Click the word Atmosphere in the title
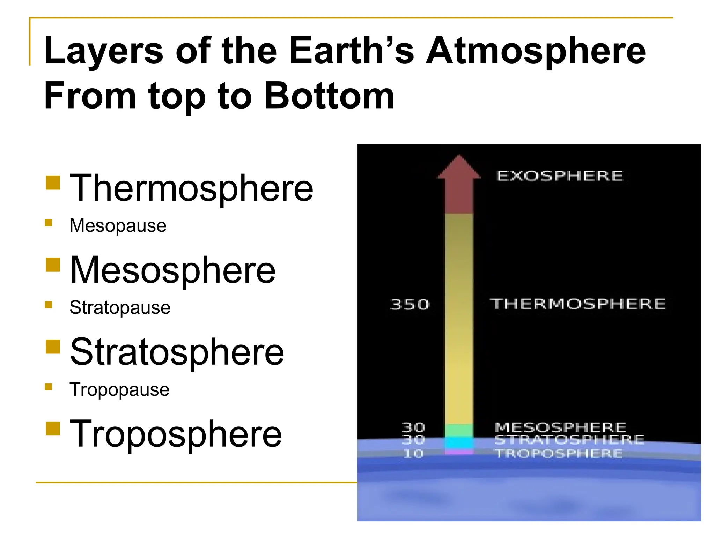click(536, 52)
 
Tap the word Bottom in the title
click(329, 96)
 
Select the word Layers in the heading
click(104, 52)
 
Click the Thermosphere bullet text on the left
click(191, 188)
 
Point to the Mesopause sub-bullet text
click(118, 226)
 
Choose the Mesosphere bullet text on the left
click(172, 270)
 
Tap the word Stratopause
click(120, 308)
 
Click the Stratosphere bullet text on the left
click(177, 352)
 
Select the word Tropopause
click(119, 389)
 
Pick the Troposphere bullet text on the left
click(176, 434)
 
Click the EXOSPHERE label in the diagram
click(559, 176)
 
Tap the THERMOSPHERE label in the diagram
click(577, 304)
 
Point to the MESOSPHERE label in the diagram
click(560, 427)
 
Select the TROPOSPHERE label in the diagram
click(559, 454)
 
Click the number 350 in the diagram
click(410, 305)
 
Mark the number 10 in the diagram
click(413, 454)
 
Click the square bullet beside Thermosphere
click(53, 182)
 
